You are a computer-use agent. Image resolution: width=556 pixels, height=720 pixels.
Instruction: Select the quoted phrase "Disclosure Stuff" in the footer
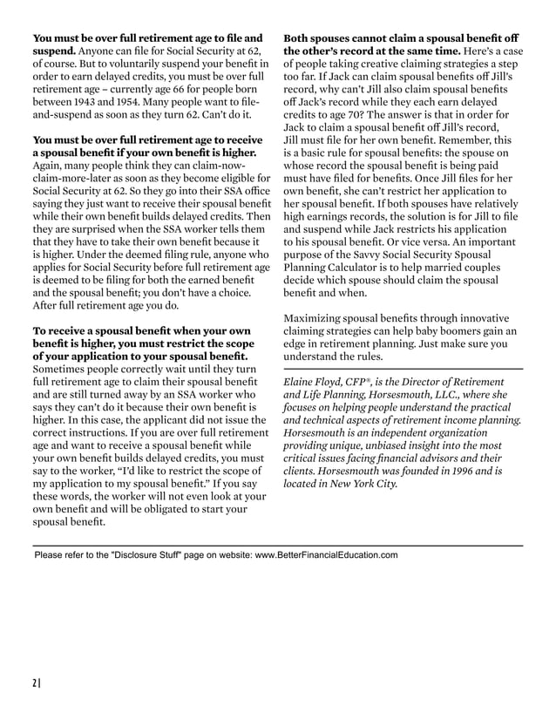(145, 554)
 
